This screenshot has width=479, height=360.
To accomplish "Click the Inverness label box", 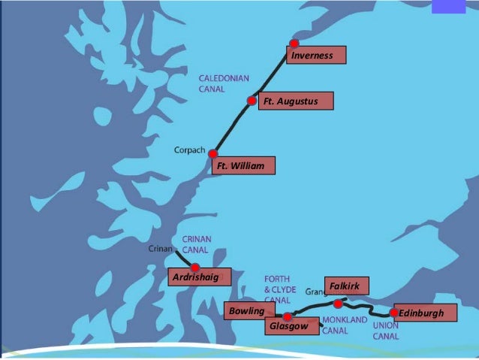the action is pyautogui.click(x=316, y=55).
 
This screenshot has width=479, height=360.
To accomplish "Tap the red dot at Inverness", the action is pyautogui.click(x=294, y=44).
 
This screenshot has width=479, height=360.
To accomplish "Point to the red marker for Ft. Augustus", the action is pyautogui.click(x=252, y=100).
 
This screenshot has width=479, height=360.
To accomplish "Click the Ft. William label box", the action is pyautogui.click(x=243, y=165).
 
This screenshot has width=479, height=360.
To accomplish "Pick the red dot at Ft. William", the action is pyautogui.click(x=213, y=154).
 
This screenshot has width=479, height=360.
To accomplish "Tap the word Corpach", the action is pyautogui.click(x=189, y=150).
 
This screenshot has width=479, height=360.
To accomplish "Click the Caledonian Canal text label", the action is pyautogui.click(x=224, y=83).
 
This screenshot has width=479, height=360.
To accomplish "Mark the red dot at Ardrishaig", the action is pyautogui.click(x=195, y=267).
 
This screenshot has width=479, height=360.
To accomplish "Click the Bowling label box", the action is pyautogui.click(x=246, y=311).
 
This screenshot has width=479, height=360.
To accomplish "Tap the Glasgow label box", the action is pyautogui.click(x=289, y=326).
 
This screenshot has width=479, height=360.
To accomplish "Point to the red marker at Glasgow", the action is pyautogui.click(x=288, y=316).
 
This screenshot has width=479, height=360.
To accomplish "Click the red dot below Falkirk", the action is pyautogui.click(x=338, y=304).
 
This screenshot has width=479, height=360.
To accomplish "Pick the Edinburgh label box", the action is pyautogui.click(x=424, y=313).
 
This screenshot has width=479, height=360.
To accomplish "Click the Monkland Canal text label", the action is pyautogui.click(x=345, y=325).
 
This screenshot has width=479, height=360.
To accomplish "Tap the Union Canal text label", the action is pyautogui.click(x=386, y=331).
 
